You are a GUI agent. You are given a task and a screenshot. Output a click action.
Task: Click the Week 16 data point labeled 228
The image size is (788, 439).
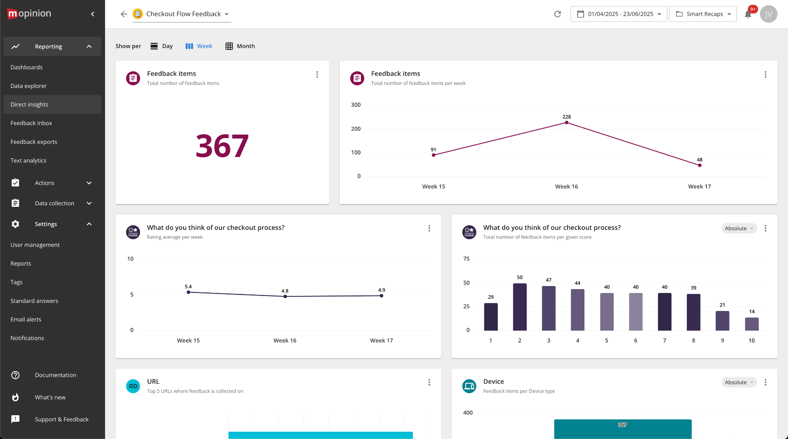pos(566,123)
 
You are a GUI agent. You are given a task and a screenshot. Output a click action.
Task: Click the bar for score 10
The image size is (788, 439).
pos(751,324)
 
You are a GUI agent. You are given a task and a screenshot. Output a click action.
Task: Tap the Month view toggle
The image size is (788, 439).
pos(240,46)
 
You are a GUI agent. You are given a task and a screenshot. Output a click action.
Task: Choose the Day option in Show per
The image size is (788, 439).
pos(162,46)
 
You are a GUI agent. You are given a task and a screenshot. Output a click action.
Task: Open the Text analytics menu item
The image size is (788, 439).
pos(28,160)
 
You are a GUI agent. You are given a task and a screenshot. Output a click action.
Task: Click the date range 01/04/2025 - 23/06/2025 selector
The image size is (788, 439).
pos(619,14)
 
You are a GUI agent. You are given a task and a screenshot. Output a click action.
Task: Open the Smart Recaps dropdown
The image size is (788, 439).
pos(703,14)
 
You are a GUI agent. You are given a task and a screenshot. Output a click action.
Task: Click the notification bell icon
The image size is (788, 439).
pos(748,15)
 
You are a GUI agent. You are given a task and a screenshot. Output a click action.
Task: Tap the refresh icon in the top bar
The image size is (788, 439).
pos(557,14)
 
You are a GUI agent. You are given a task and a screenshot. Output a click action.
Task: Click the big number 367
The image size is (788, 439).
pos(222,146)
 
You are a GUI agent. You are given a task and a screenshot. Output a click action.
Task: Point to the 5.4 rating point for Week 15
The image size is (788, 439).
pos(188,292)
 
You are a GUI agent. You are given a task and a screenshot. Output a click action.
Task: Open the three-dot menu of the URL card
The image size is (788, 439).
pos(429,382)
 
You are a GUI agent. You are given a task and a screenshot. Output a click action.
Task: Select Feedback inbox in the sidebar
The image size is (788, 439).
pos(31,123)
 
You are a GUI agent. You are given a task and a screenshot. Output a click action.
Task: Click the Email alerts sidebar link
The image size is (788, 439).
pos(26,319)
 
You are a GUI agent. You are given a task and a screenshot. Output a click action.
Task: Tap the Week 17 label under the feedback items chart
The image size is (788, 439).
pos(699,186)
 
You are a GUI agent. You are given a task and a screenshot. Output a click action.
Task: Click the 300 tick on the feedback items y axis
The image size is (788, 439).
pos(356,105)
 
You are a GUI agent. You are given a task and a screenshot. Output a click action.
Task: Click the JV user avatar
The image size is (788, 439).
pos(768,14)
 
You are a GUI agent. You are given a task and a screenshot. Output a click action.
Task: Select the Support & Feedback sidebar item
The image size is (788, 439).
pos(62,419)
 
